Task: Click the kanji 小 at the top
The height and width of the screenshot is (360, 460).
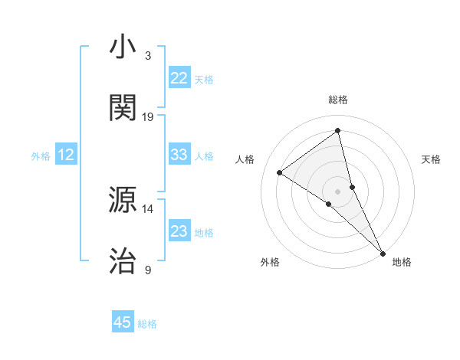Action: tap(123, 47)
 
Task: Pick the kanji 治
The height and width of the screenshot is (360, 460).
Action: tap(123, 260)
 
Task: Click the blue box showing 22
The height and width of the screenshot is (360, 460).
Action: tap(179, 78)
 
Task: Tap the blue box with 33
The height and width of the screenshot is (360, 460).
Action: tap(179, 155)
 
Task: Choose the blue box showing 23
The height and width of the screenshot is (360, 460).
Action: tap(179, 231)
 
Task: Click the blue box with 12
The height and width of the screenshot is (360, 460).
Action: tap(66, 155)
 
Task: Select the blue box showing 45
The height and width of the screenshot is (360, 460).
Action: tap(123, 322)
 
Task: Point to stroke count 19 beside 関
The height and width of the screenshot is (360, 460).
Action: tap(148, 117)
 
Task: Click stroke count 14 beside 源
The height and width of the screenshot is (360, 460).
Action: tap(148, 208)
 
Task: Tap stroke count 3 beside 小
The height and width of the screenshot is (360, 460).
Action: tap(148, 56)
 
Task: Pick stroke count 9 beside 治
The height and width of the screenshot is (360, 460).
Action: tap(148, 270)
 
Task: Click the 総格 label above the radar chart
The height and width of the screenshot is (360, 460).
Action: tap(338, 100)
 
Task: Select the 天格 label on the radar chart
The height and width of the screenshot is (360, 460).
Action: tap(431, 159)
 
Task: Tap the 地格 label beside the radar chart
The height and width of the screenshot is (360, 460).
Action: tap(402, 262)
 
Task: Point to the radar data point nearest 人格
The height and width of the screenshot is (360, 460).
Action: tap(280, 172)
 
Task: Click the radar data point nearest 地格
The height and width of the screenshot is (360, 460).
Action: tap(383, 252)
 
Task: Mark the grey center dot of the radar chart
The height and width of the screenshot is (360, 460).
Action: tap(338, 191)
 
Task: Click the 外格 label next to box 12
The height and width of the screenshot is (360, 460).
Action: tap(41, 156)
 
